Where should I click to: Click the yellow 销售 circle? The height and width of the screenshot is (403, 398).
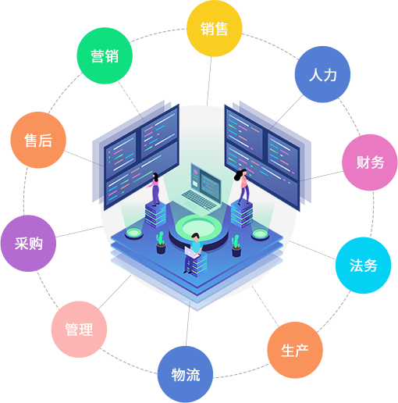[x=215, y=29]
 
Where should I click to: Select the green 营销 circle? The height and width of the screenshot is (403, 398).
[x=105, y=55]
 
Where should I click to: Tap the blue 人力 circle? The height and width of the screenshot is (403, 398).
[x=322, y=74]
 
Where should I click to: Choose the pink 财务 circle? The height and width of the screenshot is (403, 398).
[x=370, y=162]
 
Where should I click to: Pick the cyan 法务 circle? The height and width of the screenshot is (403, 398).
[x=363, y=266]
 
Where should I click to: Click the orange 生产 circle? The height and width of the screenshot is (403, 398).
[x=295, y=350]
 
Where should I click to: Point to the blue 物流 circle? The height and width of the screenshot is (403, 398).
[x=186, y=375]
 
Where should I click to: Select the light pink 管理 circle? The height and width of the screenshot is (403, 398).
[x=79, y=330]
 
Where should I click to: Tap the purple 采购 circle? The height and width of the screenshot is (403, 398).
[x=28, y=244]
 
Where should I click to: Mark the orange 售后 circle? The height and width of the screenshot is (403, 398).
[x=38, y=140]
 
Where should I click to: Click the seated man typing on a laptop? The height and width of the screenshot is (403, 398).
[x=194, y=251]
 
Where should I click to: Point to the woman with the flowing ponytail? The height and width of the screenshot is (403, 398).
[x=243, y=186]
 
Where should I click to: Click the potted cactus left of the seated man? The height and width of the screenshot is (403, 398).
[x=161, y=243]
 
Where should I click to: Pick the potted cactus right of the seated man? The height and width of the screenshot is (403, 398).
[x=236, y=246]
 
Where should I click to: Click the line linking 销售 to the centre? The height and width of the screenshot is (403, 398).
[x=209, y=81]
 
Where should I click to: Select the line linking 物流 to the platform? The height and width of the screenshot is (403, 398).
[x=188, y=323]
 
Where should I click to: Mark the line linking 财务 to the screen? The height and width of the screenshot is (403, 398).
[x=322, y=176]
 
